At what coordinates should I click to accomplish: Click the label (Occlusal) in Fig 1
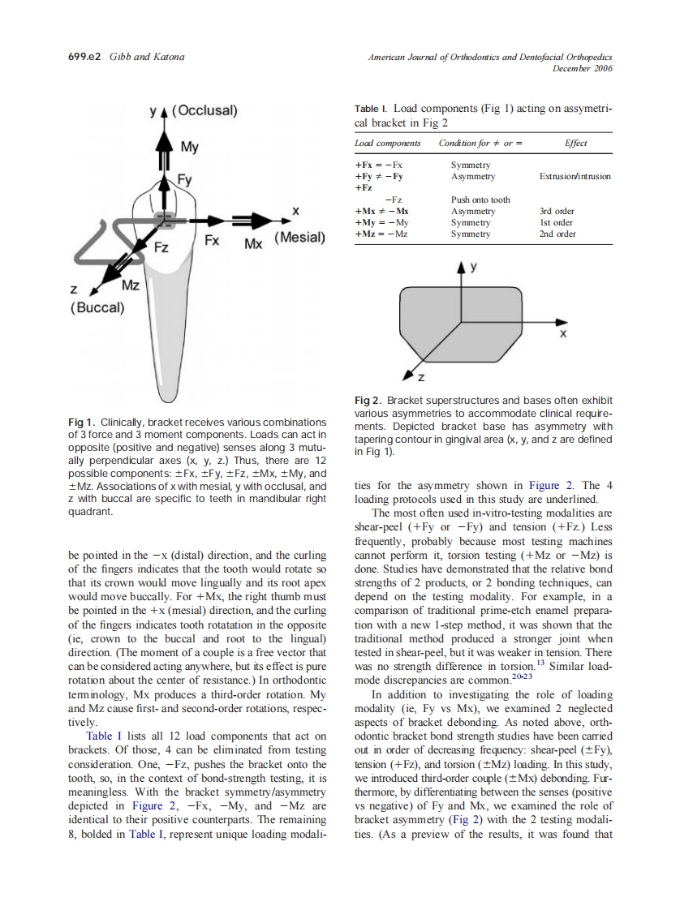tap(204, 111)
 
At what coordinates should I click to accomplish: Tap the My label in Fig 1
tap(189, 147)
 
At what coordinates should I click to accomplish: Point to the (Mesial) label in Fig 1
tap(299, 238)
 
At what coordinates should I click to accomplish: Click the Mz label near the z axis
tap(130, 285)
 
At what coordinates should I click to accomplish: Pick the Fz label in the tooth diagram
tap(161, 247)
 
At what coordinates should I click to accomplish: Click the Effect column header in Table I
tap(575, 144)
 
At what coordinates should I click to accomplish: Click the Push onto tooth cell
tap(480, 200)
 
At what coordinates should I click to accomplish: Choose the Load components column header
tap(388, 144)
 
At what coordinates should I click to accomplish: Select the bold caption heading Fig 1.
tap(82, 423)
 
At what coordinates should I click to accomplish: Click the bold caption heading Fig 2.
tap(368, 401)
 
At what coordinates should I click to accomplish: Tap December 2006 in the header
tap(582, 68)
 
